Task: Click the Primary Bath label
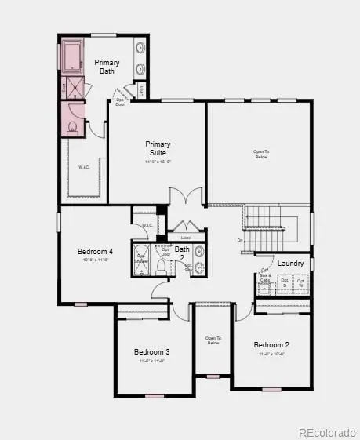[x=106, y=67]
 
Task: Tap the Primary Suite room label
[x=158, y=148]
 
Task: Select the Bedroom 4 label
[x=95, y=251]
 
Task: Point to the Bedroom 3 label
[x=151, y=351]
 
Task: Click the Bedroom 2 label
[x=271, y=344]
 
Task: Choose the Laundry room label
[x=291, y=263]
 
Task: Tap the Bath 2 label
[x=181, y=253]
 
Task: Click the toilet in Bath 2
[x=162, y=266]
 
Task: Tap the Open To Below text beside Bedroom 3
[x=213, y=340]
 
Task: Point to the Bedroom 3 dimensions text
[x=151, y=362]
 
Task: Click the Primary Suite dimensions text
[x=158, y=162]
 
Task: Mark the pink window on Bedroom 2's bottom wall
[x=271, y=389]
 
